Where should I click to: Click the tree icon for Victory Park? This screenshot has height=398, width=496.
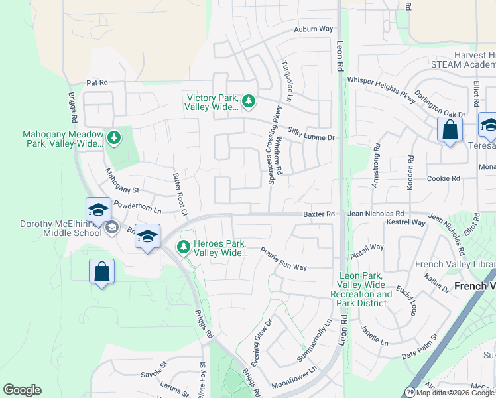[x=249, y=101]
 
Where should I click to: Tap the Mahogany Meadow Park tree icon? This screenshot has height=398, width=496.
[x=114, y=137]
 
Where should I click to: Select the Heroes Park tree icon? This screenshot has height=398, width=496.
[x=184, y=247]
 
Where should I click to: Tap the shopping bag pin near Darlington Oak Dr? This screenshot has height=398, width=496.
[x=450, y=130]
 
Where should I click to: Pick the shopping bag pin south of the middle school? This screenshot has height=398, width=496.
[x=101, y=271]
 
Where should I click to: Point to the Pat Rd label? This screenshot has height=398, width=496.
[x=97, y=83]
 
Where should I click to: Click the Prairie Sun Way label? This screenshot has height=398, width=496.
[x=283, y=259]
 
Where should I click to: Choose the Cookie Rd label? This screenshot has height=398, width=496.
[x=444, y=178]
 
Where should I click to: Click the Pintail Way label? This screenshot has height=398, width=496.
[x=367, y=247]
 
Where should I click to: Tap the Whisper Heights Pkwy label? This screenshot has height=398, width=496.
[x=381, y=90]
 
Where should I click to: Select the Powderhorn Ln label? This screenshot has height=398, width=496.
[x=137, y=208]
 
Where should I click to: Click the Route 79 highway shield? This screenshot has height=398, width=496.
[x=410, y=391]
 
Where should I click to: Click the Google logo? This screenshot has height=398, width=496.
[x=22, y=390]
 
